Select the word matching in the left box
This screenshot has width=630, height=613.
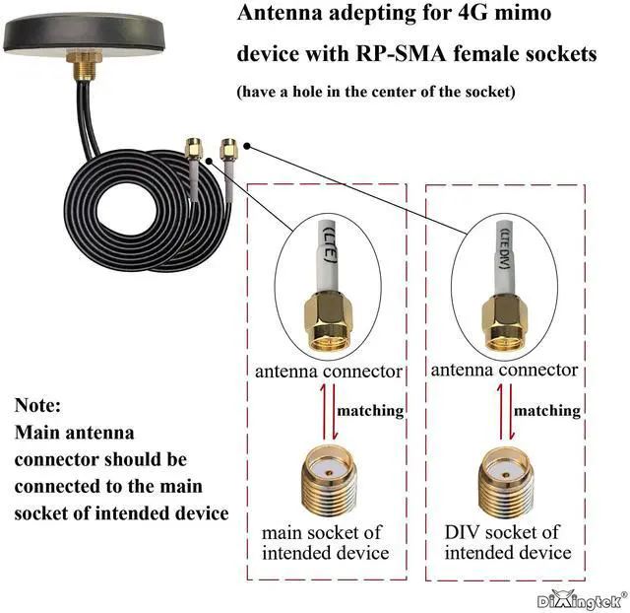371,410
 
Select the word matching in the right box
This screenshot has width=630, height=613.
547,410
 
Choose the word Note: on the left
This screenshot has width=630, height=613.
38,405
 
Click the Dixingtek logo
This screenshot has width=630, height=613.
581,598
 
